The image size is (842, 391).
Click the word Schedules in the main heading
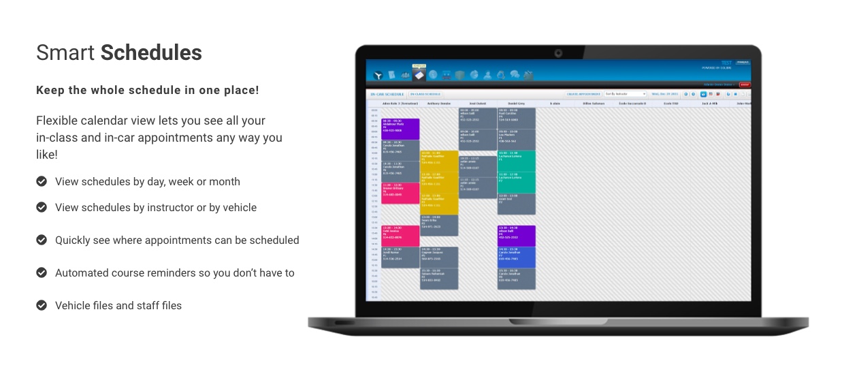click(151, 53)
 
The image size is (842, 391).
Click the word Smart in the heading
click(66, 53)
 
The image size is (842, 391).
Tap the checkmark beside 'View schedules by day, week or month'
click(42, 182)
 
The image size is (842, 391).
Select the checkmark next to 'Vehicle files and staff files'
click(42, 306)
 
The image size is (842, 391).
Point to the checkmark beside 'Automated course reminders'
click(42, 273)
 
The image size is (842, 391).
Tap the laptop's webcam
click(558, 53)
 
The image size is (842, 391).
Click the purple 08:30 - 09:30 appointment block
click(400, 129)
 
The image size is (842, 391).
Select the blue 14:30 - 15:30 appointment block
click(517, 257)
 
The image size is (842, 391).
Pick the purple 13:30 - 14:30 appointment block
click(517, 236)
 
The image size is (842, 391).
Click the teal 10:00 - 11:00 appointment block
click(517, 161)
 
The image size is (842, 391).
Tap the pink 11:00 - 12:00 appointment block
click(400, 193)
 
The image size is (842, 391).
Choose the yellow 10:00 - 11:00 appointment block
click(439, 161)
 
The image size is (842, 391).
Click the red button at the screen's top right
click(745, 84)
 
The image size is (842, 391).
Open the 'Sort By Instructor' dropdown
click(625, 94)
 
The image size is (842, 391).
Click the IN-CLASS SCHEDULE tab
click(425, 94)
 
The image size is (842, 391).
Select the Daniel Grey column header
click(516, 104)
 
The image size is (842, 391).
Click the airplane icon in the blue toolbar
click(378, 75)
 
